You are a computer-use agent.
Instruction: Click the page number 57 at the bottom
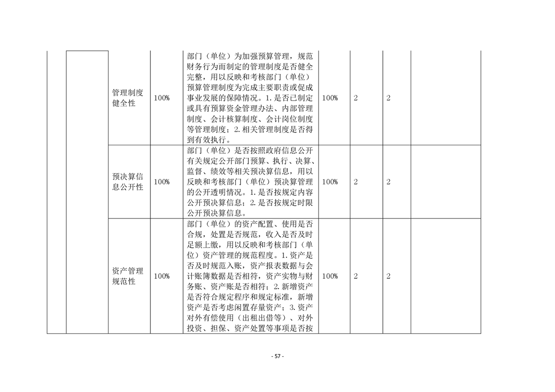point(277,356)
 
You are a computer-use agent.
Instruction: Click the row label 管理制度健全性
point(128,98)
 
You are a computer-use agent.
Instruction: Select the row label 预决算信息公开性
point(128,182)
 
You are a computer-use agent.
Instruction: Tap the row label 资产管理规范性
point(128,276)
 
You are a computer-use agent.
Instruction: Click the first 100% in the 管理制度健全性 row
point(162,98)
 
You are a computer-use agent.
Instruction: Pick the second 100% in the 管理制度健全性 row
point(330,98)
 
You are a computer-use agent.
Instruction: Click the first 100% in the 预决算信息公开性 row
point(162,182)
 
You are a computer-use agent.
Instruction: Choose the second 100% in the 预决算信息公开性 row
point(330,182)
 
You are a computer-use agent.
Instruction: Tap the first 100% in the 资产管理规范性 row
point(162,276)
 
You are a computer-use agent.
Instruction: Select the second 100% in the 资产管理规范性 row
point(330,276)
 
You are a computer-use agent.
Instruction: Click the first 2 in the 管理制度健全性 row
point(356,98)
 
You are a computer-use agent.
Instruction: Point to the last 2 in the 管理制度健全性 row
point(388,98)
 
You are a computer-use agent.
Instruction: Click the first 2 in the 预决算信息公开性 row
point(356,182)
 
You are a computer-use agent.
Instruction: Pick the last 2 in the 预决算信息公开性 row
point(388,182)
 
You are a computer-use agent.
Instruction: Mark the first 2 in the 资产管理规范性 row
point(356,276)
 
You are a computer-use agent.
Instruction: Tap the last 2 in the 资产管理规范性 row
point(388,276)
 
